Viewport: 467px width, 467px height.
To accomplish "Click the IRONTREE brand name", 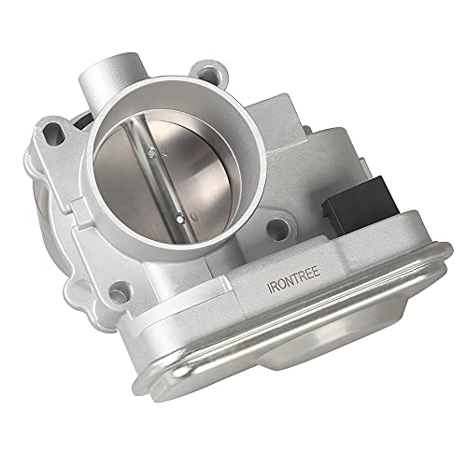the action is pyautogui.click(x=294, y=279).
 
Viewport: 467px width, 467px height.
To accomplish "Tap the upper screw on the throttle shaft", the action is pyautogui.click(x=151, y=152).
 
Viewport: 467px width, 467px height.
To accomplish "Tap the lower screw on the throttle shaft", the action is pyautogui.click(x=180, y=219).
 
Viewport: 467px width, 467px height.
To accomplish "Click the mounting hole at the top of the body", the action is pyautogui.click(x=206, y=76).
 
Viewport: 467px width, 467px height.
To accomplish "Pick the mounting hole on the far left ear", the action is pyautogui.click(x=52, y=133).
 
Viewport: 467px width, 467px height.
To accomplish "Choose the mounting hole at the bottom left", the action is pyautogui.click(x=120, y=290).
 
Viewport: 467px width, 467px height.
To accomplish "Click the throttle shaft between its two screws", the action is pyautogui.click(x=165, y=186).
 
